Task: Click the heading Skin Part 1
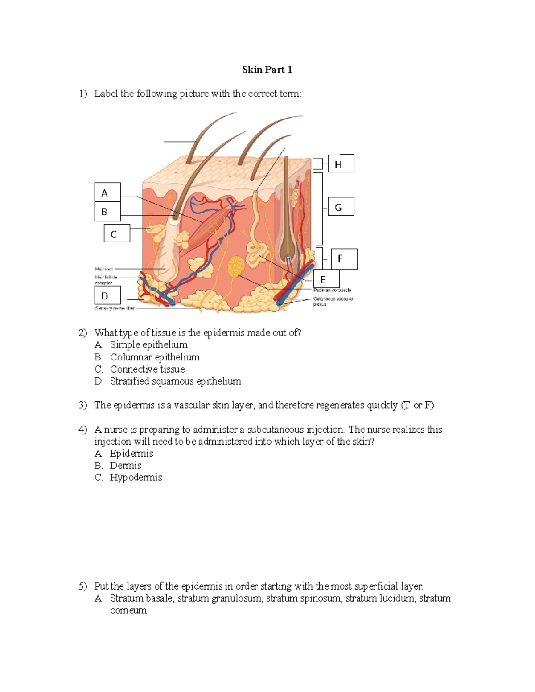pos(267,70)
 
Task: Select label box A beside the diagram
pos(107,192)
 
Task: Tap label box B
pos(107,212)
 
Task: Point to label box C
pos(117,233)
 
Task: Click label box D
pos(107,295)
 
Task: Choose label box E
pos(326,279)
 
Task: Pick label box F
pos(344,259)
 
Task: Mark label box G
pos(341,207)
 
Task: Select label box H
pos(341,164)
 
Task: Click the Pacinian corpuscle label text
pos(332,290)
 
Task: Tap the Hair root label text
pos(104,269)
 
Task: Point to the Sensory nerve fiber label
pos(115,308)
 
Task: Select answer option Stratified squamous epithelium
pos(175,381)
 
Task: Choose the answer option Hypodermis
pos(136,478)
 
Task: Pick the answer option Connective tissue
pos(147,369)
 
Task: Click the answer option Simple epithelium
pos(148,345)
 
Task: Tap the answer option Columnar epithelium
pos(155,357)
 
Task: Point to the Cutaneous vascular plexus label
pos(333,301)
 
